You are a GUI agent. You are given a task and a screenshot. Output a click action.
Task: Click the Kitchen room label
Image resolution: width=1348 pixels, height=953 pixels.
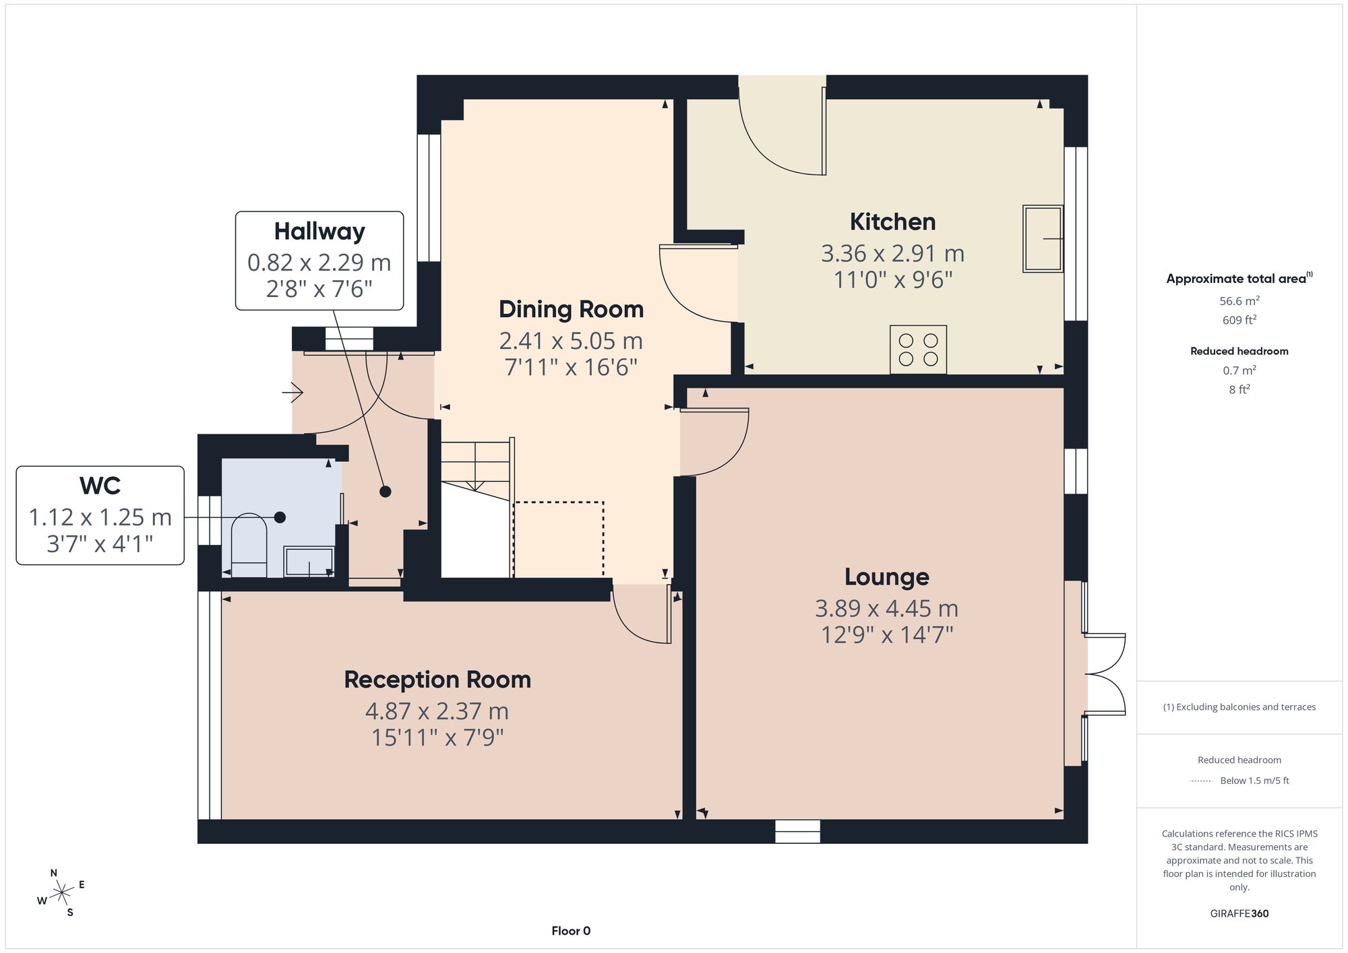[892, 222]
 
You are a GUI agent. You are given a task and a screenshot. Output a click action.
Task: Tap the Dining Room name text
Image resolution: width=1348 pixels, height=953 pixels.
[571, 309]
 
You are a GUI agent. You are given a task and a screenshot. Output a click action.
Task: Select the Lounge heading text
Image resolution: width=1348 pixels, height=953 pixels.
[887, 577]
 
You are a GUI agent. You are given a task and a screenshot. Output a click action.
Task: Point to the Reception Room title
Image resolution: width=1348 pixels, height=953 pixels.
[437, 680]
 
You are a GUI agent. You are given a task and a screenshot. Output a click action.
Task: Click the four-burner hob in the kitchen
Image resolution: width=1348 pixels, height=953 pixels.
[918, 350]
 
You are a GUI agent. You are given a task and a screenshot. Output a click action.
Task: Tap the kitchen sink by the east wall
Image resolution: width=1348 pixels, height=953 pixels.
[1043, 238]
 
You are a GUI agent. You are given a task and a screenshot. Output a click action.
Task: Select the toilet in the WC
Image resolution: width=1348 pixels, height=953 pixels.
[249, 545]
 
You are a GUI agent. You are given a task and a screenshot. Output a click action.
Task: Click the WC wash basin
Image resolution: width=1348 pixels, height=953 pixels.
[309, 562]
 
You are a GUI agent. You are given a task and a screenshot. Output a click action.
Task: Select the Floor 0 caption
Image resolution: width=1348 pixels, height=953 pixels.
[571, 931]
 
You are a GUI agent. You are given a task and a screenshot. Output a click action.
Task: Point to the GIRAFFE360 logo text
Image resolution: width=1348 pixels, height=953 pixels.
[1239, 913]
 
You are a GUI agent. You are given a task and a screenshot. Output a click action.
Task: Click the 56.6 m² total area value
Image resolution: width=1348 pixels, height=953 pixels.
[1239, 300]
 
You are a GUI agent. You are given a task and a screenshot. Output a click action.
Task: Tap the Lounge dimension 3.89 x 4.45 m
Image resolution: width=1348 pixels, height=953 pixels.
[886, 608]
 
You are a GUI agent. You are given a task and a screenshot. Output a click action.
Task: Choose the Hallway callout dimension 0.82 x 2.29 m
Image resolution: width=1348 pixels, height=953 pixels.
[319, 262]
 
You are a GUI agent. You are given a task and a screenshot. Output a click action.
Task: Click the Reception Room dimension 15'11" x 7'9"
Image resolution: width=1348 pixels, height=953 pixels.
[437, 738]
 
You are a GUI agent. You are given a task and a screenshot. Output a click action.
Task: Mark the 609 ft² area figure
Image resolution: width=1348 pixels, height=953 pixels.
[1239, 320]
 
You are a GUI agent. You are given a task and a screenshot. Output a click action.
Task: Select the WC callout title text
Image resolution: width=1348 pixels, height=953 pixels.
[100, 486]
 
